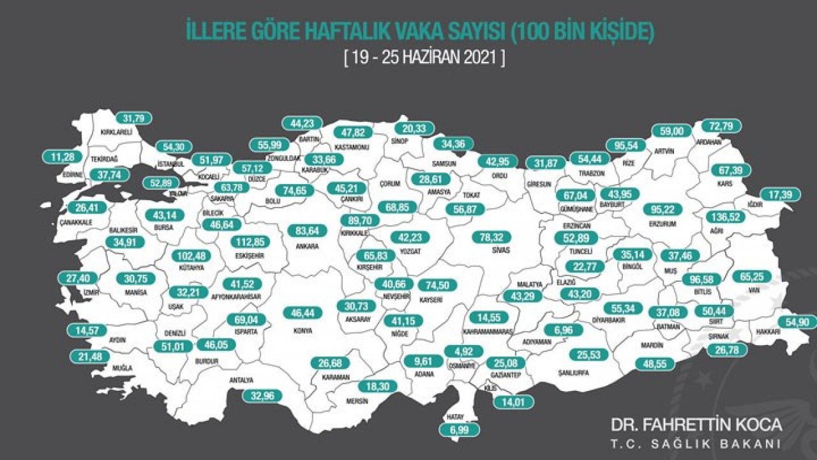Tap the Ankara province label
[x=308, y=245]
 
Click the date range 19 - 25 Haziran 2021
[x=424, y=57]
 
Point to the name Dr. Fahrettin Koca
[x=696, y=425]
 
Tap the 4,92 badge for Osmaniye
[x=464, y=351]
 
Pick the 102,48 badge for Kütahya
[x=193, y=256]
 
